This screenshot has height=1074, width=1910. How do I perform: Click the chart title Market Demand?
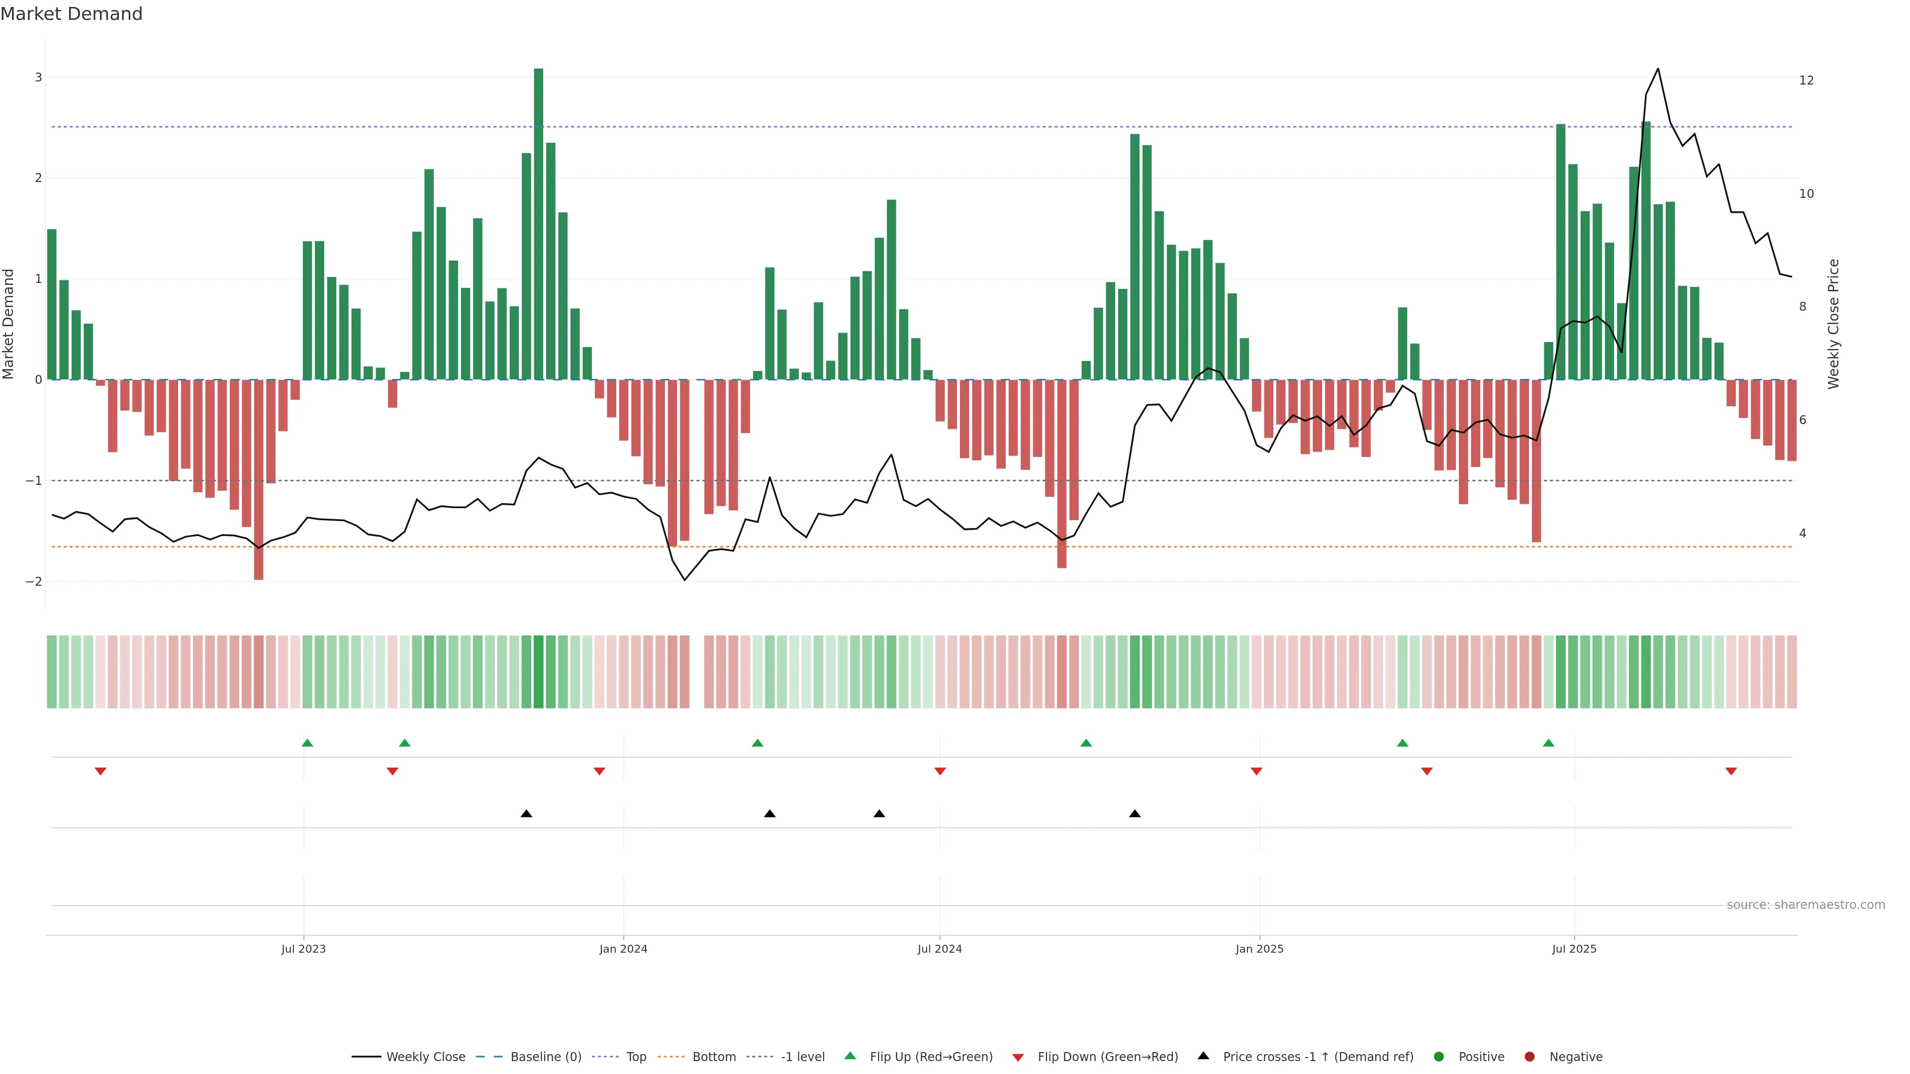71,14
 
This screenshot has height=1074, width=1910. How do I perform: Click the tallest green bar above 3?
538,222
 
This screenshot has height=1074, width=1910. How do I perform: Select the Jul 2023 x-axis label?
303,949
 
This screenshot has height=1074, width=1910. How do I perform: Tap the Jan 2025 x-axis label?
1259,949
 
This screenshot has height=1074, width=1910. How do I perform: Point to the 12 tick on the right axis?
1806,80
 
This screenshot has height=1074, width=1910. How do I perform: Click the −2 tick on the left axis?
34,582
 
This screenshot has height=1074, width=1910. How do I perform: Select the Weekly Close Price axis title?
1833,324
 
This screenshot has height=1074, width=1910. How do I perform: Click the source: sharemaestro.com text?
1806,905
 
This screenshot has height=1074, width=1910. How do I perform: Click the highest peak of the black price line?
1658,69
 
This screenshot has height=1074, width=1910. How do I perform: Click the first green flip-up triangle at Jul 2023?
308,743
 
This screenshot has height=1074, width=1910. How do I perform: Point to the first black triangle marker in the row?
526,814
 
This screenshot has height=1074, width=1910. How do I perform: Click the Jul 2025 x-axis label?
1574,949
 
